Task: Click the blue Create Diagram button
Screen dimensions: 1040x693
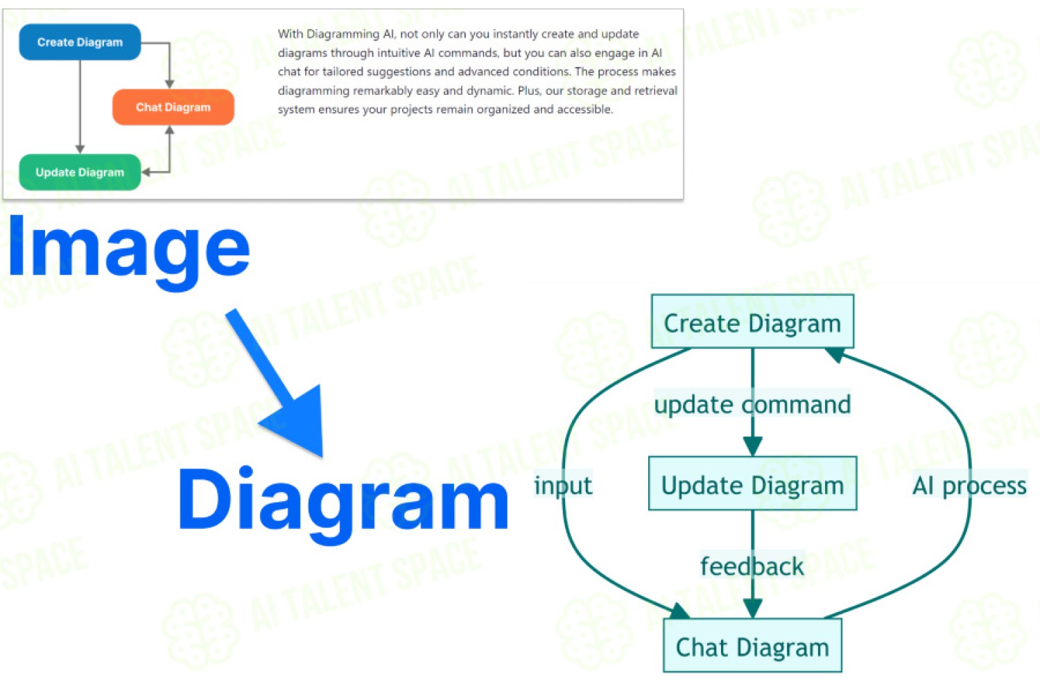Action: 80,42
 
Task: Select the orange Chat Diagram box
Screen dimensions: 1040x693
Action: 173,107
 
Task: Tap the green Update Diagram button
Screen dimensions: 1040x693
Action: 80,172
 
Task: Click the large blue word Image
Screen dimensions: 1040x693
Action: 129,252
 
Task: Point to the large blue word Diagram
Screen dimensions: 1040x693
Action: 344,505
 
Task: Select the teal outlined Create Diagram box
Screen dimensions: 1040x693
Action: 752,321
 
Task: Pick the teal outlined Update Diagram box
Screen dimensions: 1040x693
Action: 752,483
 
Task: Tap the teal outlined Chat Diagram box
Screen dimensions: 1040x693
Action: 752,645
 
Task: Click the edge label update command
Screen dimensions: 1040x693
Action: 752,404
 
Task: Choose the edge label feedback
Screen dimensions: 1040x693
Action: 752,566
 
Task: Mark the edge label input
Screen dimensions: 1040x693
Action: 563,486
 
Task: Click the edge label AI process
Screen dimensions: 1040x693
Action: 969,486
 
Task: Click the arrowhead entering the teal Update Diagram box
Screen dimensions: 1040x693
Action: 752,446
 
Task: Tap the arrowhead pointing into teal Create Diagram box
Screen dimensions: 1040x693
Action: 835,355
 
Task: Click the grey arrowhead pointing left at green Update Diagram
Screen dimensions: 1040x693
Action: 146,172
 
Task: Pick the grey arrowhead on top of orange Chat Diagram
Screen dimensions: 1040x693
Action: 169,84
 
